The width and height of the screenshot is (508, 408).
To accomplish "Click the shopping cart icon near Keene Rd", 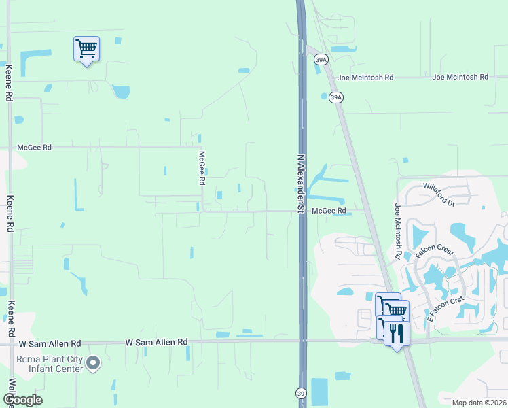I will [86, 49].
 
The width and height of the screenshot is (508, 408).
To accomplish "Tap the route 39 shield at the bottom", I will [301, 393].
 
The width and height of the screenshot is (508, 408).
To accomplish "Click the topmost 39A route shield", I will [321, 61].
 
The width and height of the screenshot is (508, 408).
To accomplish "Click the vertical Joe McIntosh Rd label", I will [397, 230].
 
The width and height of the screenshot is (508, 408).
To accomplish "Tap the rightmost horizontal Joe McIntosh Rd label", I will [460, 78].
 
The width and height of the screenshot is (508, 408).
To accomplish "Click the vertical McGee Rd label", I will [202, 168].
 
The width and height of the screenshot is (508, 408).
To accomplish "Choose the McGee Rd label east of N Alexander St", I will [329, 211].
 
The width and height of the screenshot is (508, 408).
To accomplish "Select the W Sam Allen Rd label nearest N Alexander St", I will [157, 341].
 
